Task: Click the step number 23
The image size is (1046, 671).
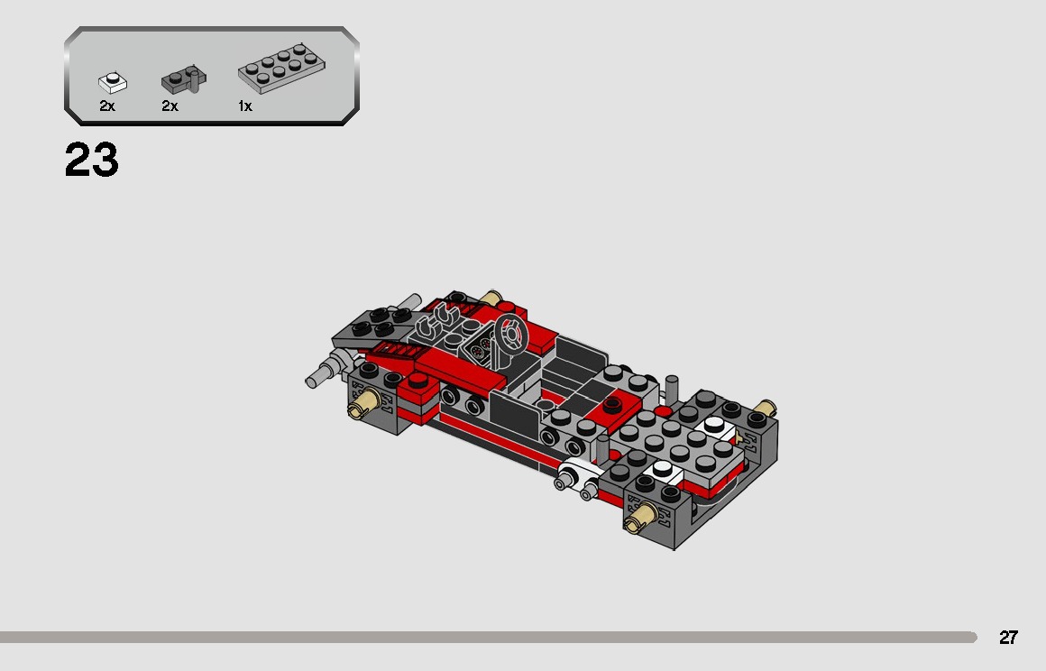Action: pos(91,161)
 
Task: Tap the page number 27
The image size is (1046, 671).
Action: pos(1008,638)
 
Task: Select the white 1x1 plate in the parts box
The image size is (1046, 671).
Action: pos(113,82)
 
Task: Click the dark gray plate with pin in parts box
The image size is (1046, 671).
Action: pos(183,81)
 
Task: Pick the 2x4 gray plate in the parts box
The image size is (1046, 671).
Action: pos(281,69)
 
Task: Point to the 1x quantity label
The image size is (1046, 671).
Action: pos(244,106)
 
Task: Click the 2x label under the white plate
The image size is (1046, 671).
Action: pos(107,106)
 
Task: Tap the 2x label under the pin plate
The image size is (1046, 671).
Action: pos(170,106)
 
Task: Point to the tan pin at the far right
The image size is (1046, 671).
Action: pos(766,408)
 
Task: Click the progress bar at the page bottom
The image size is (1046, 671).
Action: pos(487,638)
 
